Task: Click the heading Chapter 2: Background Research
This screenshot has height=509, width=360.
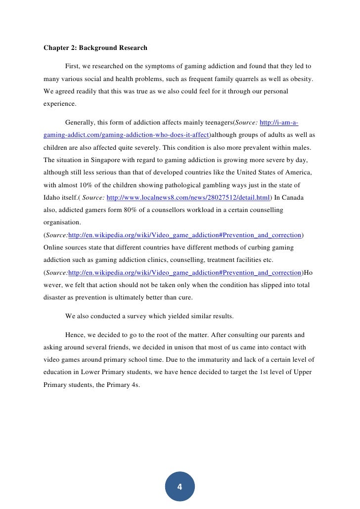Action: point(95,48)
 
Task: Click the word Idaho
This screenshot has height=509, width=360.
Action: point(53,198)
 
